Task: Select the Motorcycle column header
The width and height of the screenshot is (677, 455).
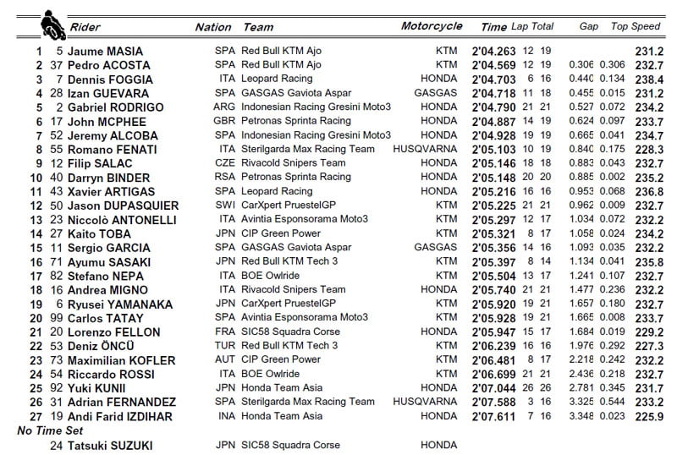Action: click(432, 25)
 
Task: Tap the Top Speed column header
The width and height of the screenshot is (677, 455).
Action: click(635, 26)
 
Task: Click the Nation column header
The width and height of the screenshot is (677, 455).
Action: click(212, 27)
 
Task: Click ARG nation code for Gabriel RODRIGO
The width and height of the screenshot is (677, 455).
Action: click(224, 107)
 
